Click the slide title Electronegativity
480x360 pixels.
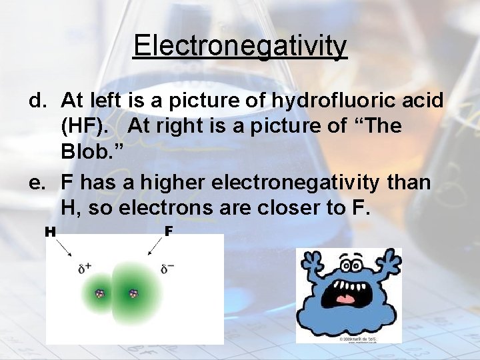(x=240, y=46)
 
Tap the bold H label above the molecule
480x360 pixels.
(x=50, y=232)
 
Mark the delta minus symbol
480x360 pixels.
(x=168, y=269)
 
